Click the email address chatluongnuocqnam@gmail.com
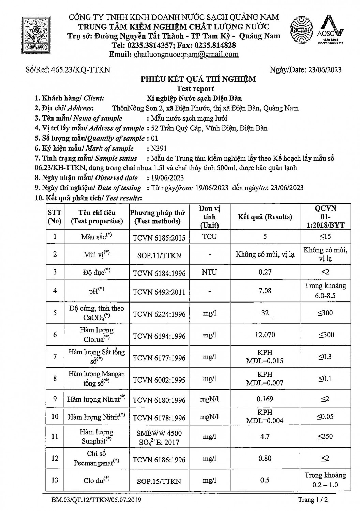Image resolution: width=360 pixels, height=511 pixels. tap(186, 55)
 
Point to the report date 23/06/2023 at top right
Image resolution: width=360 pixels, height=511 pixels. tap(324, 70)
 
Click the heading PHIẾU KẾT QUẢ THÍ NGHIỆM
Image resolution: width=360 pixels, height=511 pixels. tap(198, 79)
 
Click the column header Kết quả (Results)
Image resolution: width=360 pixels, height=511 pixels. tap(265, 217)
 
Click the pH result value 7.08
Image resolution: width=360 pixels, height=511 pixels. tap(265, 290)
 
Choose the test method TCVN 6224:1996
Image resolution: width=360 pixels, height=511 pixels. tap(159, 314)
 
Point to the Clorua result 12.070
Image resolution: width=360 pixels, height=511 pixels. tap(265, 335)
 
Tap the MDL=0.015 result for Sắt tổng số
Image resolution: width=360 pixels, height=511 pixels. tap(265, 361)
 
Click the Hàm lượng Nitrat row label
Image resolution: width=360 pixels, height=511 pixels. tap(96, 399)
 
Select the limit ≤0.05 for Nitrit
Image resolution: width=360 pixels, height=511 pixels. tap(325, 416)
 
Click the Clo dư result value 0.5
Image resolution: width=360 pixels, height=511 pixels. tap(265, 480)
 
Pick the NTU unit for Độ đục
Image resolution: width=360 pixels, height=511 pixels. tap(209, 272)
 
